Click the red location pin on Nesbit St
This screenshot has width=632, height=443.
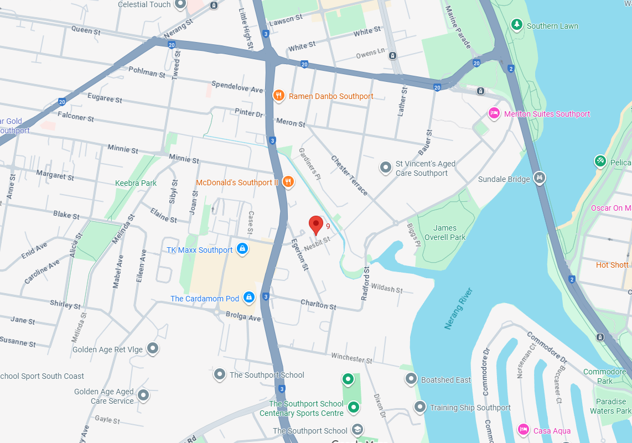(x=315, y=225)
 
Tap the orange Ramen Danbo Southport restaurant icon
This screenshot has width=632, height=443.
(x=279, y=96)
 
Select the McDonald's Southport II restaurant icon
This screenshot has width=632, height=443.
(x=288, y=181)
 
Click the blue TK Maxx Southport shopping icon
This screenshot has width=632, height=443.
(x=242, y=249)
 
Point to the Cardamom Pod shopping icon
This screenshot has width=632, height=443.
(x=249, y=298)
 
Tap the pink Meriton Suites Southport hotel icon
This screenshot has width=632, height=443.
(x=494, y=113)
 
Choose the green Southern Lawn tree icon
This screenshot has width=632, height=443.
(x=516, y=25)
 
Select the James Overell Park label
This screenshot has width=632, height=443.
(x=445, y=232)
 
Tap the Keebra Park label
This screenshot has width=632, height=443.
(x=136, y=183)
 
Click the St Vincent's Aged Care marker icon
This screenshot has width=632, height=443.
(x=385, y=167)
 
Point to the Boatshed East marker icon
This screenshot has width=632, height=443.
(x=411, y=379)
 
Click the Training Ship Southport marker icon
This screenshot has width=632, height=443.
(x=420, y=407)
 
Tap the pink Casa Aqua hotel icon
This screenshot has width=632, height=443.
(x=523, y=429)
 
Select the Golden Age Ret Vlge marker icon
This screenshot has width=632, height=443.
(x=153, y=349)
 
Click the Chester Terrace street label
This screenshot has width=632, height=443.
(x=349, y=175)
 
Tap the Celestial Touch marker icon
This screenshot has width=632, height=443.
(x=180, y=4)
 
